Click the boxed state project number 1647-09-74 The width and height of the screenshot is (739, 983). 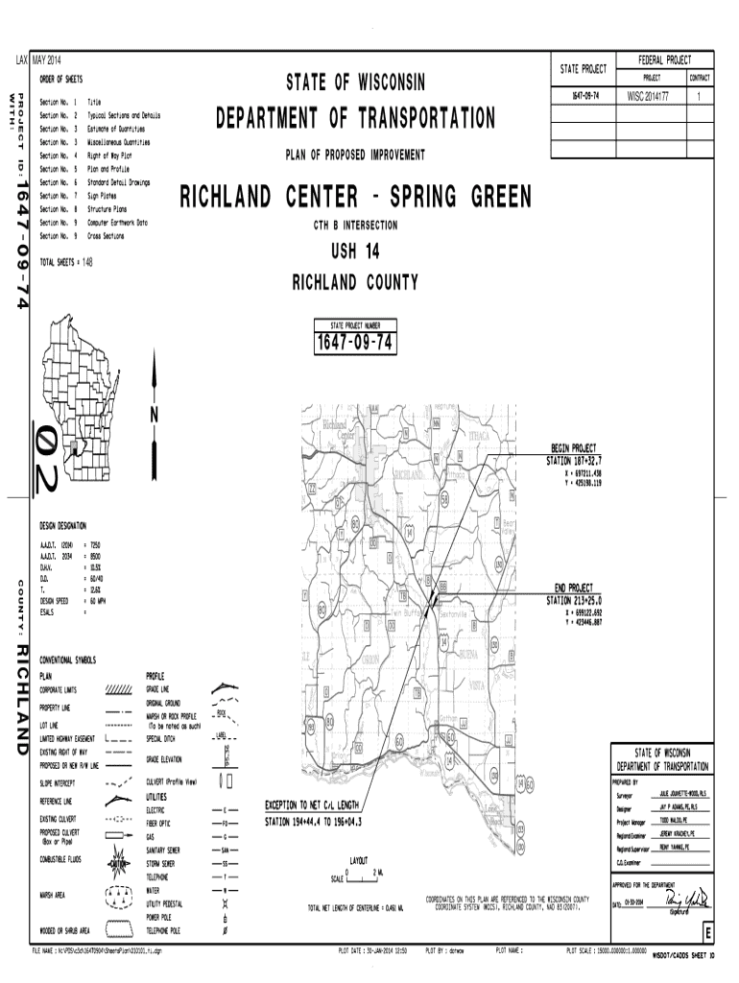[x=350, y=344]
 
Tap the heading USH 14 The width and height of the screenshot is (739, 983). [x=355, y=253]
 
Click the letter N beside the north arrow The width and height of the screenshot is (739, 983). [x=154, y=414]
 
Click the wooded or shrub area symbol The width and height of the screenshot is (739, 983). [x=118, y=929]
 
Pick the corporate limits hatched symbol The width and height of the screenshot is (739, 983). [x=118, y=689]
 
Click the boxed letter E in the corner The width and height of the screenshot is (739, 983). [x=708, y=933]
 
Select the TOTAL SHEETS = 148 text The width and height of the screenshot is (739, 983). [x=66, y=261]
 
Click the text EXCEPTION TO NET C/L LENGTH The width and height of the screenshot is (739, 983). [x=312, y=804]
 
